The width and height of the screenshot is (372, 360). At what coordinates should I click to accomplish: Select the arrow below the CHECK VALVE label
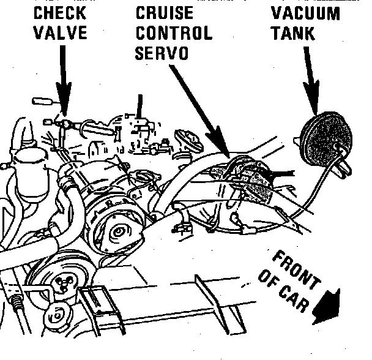tap(63, 77)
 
